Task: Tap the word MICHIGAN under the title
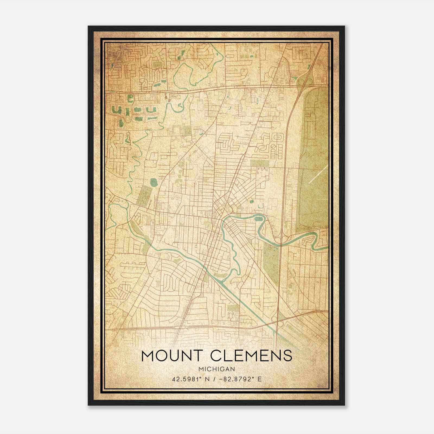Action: click(x=217, y=369)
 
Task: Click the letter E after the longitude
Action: click(x=260, y=379)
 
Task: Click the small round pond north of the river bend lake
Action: click(x=252, y=202)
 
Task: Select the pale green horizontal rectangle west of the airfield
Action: click(x=259, y=163)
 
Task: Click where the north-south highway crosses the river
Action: click(x=281, y=240)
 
